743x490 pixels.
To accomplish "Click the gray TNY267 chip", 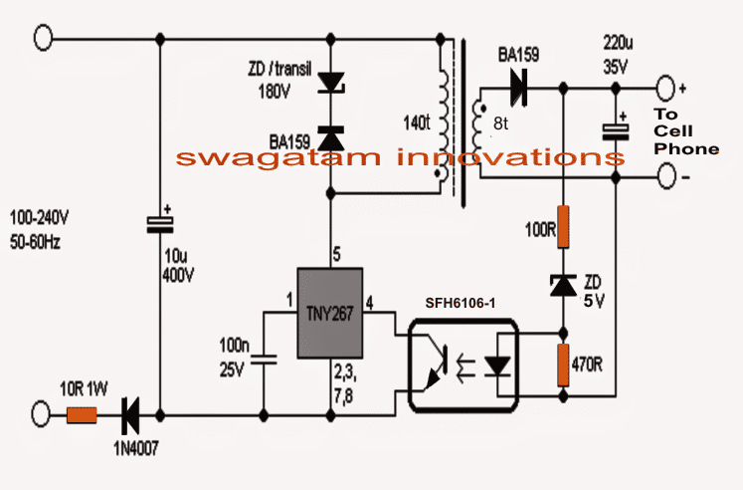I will click(x=333, y=312).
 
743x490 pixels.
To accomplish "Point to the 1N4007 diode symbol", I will click(x=129, y=409).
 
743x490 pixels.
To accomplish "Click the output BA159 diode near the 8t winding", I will click(x=516, y=88).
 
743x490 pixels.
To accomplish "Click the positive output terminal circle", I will click(x=663, y=88).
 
